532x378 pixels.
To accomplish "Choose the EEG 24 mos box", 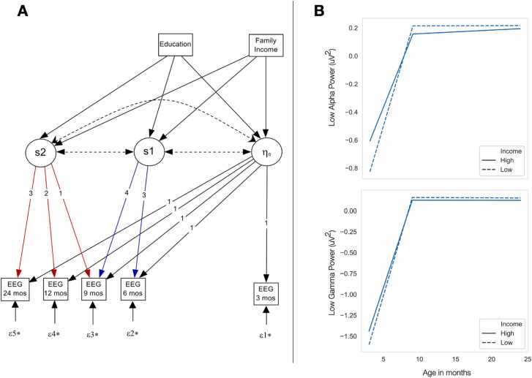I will coord(15,289).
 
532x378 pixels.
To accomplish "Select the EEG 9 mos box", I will coord(93,289).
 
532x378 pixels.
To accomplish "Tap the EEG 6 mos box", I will coord(132,289).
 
